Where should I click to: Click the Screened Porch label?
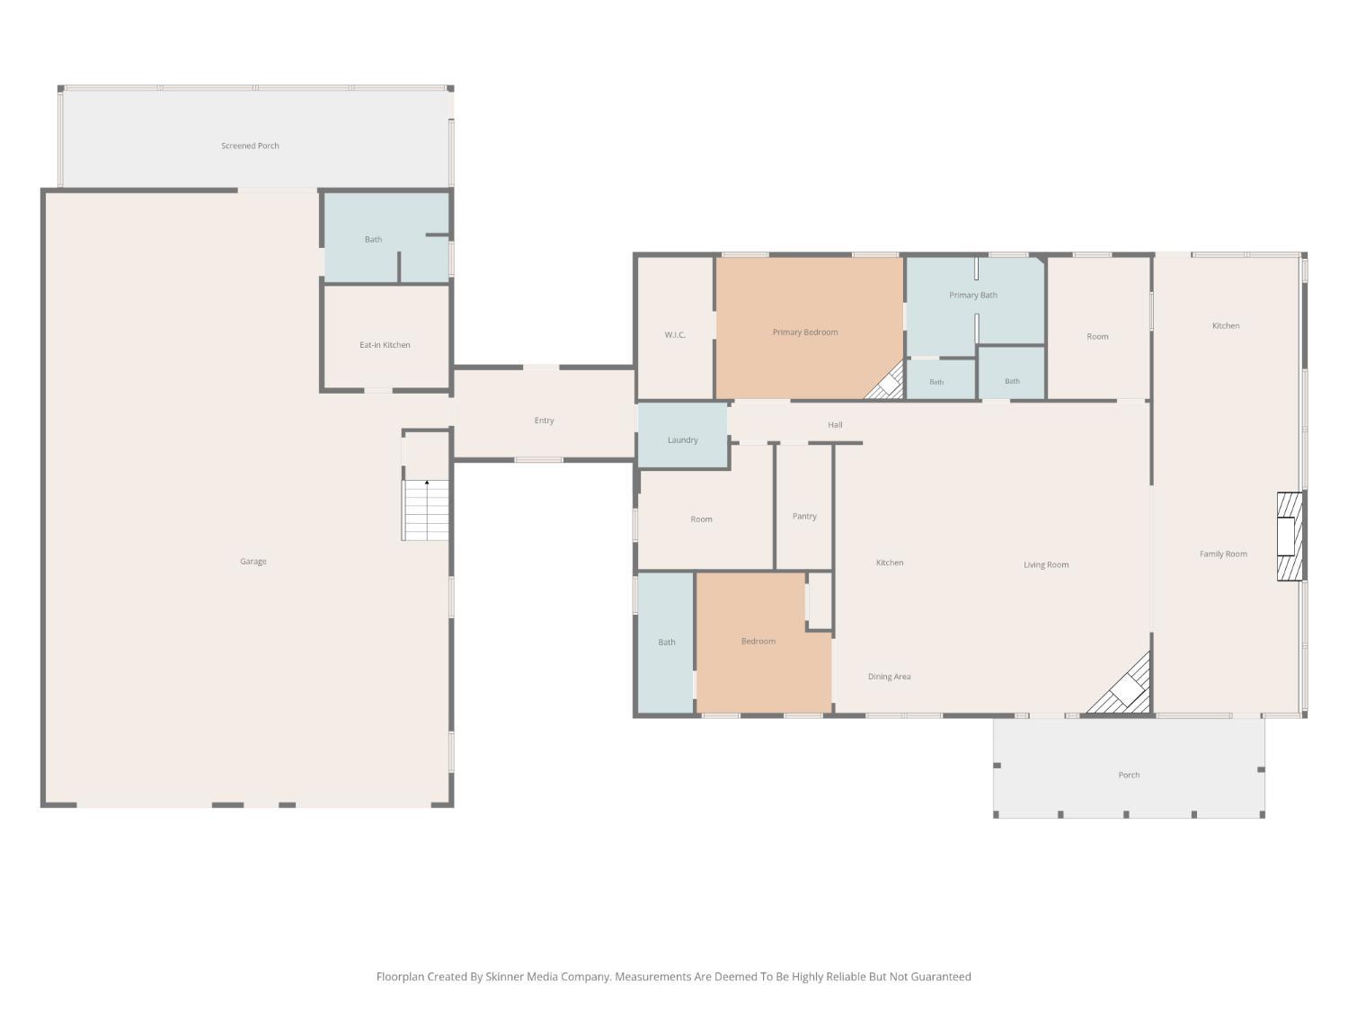tap(250, 146)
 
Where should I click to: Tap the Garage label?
tap(253, 561)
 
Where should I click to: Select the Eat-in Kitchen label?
tap(385, 345)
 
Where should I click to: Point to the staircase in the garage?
tap(426, 510)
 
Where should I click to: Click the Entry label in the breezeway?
tap(544, 421)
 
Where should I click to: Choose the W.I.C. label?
tap(674, 334)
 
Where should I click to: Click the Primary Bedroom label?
tap(805, 333)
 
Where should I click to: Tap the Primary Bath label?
tap(972, 296)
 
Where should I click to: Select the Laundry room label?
tap(682, 440)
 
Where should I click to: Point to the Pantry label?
tap(804, 516)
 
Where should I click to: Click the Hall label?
tap(835, 425)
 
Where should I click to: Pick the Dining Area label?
tap(890, 677)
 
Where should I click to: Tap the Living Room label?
tap(1046, 564)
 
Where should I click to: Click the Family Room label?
tap(1223, 554)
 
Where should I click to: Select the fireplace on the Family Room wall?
tap(1290, 537)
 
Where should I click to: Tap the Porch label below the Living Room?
tap(1129, 775)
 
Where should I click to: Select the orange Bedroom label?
tap(758, 641)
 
